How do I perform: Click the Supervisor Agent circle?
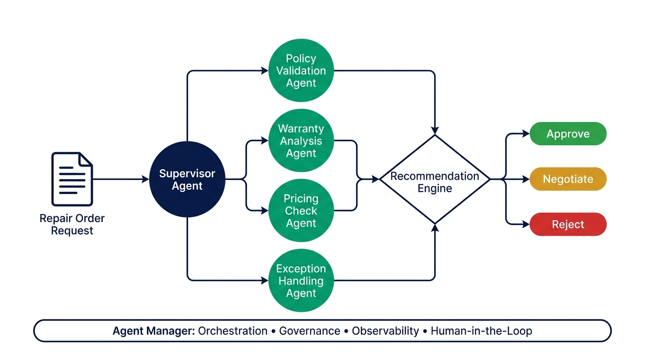click(187, 179)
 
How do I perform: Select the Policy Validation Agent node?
click(301, 71)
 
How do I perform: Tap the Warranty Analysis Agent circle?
click(301, 141)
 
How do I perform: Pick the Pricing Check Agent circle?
click(301, 210)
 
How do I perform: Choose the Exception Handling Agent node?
click(301, 280)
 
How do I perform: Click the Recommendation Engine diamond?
click(435, 179)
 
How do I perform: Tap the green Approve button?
click(568, 134)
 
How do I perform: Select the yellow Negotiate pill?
click(568, 179)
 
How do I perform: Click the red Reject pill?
click(568, 225)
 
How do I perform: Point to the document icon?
click(72, 179)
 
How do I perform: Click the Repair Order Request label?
click(72, 225)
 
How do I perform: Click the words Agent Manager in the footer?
click(154, 331)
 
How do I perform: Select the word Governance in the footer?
click(309, 331)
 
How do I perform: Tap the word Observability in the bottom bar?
click(385, 331)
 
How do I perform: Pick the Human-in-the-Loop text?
click(481, 331)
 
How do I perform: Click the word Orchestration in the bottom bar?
click(232, 331)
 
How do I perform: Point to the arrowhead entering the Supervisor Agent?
click(145, 179)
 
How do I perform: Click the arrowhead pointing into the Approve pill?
click(526, 134)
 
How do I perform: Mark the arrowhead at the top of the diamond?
click(435, 131)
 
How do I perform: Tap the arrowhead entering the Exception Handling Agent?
click(265, 280)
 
